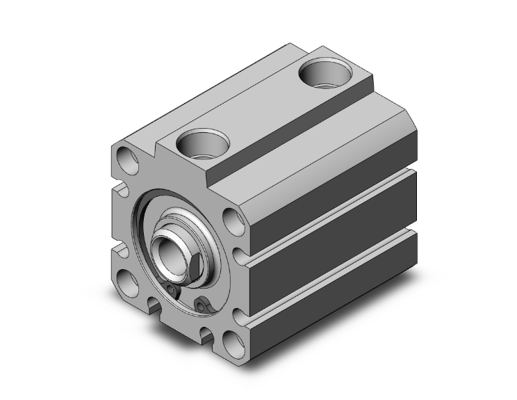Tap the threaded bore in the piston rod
[x=165, y=249]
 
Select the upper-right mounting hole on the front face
[x=235, y=221]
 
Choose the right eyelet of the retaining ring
[x=202, y=305]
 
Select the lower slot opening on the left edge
[x=119, y=247]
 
